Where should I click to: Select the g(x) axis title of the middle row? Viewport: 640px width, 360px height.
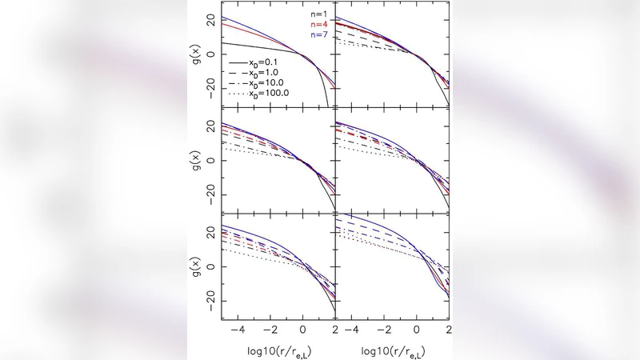(x=196, y=160)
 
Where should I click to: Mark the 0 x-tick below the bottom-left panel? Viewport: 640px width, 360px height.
(x=302, y=328)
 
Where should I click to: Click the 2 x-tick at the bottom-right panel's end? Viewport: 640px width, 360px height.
(x=448, y=328)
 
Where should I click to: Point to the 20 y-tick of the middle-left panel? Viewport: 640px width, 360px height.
(x=210, y=126)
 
